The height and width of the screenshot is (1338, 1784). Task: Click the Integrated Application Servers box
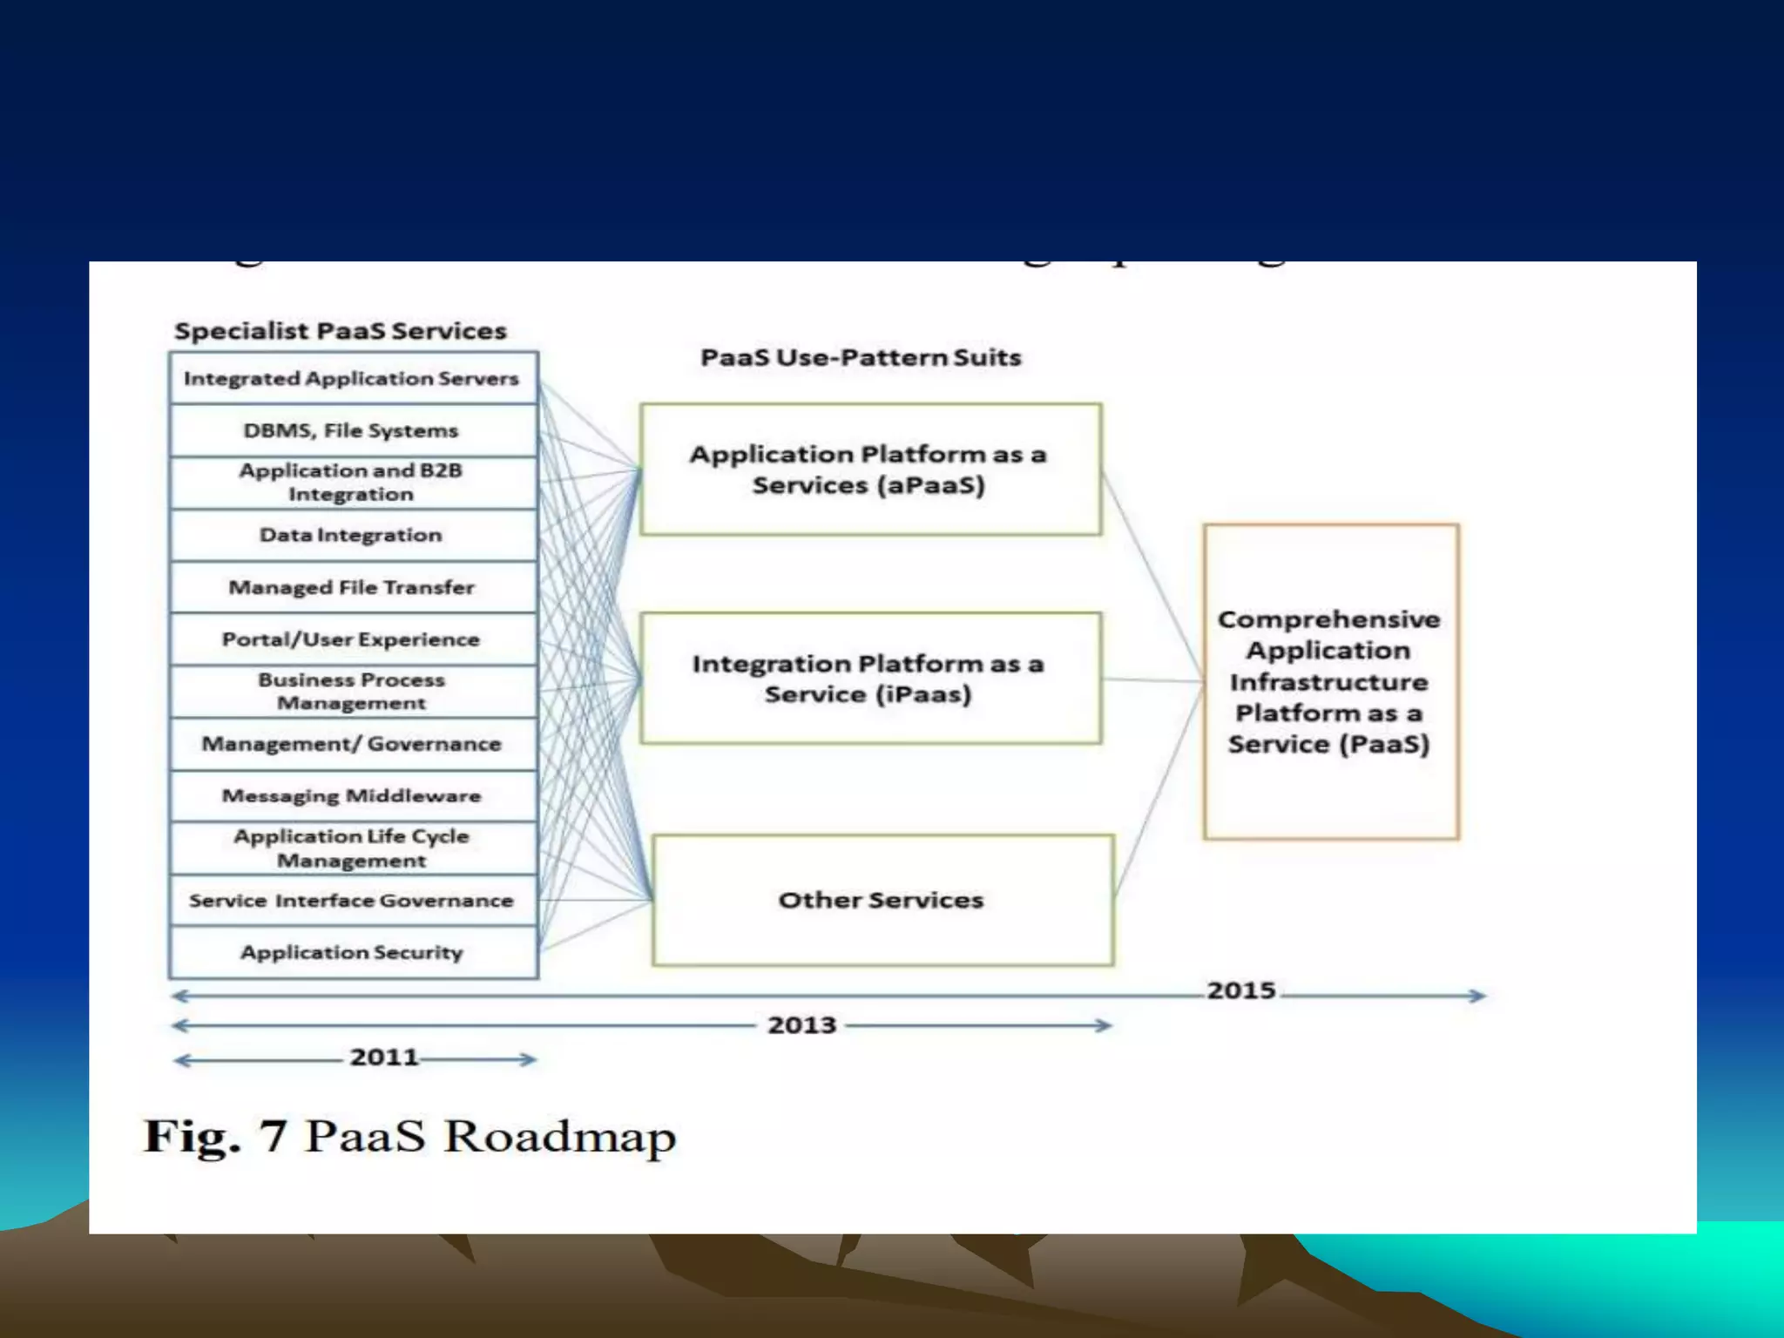[x=352, y=378]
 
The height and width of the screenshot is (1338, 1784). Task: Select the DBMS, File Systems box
[x=352, y=430]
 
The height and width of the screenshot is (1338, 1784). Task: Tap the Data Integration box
[x=352, y=535]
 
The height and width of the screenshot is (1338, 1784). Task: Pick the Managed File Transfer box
[x=352, y=587]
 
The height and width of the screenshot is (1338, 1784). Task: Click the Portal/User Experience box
[x=352, y=639]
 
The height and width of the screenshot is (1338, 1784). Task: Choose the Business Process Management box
[x=352, y=692]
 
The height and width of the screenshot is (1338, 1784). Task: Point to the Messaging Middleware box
[x=352, y=795]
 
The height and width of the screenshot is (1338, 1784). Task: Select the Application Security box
[x=352, y=952]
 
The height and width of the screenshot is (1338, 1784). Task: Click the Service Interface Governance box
[x=352, y=900]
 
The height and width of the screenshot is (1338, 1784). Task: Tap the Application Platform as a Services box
[x=869, y=470]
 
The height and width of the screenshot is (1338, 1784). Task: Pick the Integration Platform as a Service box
[x=869, y=679]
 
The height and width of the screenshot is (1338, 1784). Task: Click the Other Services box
[x=882, y=900]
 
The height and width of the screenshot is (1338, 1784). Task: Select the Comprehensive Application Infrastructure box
[x=1330, y=681]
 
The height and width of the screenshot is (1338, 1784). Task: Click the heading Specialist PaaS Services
[x=341, y=331]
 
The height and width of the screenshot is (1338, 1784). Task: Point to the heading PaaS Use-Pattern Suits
[x=861, y=357]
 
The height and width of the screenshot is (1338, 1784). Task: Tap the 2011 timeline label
[x=384, y=1058]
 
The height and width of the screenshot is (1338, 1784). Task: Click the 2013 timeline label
[x=801, y=1025]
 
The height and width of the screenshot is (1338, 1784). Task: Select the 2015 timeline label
[x=1241, y=990]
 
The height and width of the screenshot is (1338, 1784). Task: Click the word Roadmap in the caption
[x=560, y=1137]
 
